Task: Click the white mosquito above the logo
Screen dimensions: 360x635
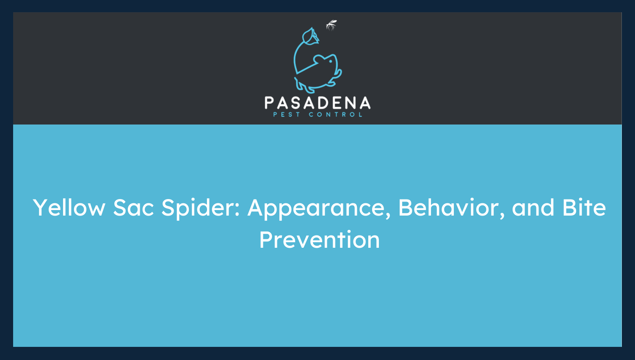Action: click(331, 25)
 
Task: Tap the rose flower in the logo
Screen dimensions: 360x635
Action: click(309, 36)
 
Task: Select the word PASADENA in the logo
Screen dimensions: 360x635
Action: click(317, 103)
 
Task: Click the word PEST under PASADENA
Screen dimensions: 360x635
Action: click(287, 114)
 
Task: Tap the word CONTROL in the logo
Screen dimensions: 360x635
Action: click(336, 114)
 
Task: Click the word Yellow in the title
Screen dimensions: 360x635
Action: click(69, 208)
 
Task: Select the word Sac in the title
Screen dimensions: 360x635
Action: click(133, 208)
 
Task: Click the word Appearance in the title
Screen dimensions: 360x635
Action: click(318, 208)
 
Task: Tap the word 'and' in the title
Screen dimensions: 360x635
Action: click(533, 208)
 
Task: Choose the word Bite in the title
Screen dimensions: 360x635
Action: click(584, 208)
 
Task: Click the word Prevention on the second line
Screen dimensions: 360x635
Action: click(319, 240)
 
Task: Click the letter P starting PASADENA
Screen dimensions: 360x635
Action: click(269, 103)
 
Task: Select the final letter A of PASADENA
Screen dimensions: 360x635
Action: click(365, 103)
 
